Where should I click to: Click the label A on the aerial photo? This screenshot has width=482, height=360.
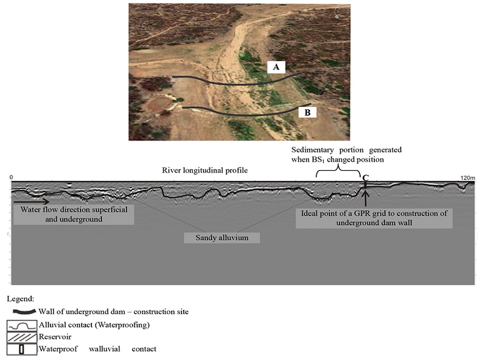[x=276, y=67]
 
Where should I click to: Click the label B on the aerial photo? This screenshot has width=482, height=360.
[x=307, y=112]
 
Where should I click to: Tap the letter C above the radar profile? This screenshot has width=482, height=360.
[x=366, y=177]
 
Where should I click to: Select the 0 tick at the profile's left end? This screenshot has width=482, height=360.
[x=12, y=177]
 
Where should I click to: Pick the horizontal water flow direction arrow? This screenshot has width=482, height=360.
[x=31, y=201]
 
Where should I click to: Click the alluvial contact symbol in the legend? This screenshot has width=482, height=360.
[x=22, y=325]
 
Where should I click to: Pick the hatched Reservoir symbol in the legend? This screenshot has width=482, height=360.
[x=22, y=337]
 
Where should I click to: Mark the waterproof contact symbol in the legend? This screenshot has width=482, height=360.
[x=22, y=349]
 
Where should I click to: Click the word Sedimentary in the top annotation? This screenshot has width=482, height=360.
[x=312, y=150]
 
